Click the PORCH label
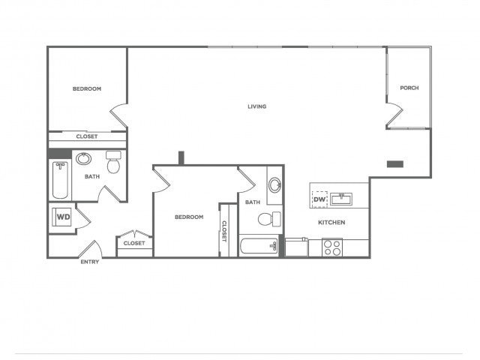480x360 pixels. pos(409,88)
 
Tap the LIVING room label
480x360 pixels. pos(257,106)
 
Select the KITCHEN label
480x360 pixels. pos(331,223)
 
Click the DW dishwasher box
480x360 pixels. pos(319,199)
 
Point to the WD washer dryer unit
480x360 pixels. pos(64,217)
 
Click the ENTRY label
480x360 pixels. pos(90,262)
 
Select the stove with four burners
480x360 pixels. pos(331,247)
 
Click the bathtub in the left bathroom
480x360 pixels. pos(60,181)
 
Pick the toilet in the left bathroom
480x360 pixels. pos(113,163)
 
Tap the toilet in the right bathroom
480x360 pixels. pos(268,219)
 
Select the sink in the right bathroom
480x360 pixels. pos(274,184)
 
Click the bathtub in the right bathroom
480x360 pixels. pos(259,247)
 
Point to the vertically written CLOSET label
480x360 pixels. pos(223,230)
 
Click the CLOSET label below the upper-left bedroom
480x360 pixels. pos(87,136)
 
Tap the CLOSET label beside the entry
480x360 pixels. pos(134,243)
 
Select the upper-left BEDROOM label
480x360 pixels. pos(87,89)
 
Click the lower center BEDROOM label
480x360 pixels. pos(189,217)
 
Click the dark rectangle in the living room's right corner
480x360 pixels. pos(394,163)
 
